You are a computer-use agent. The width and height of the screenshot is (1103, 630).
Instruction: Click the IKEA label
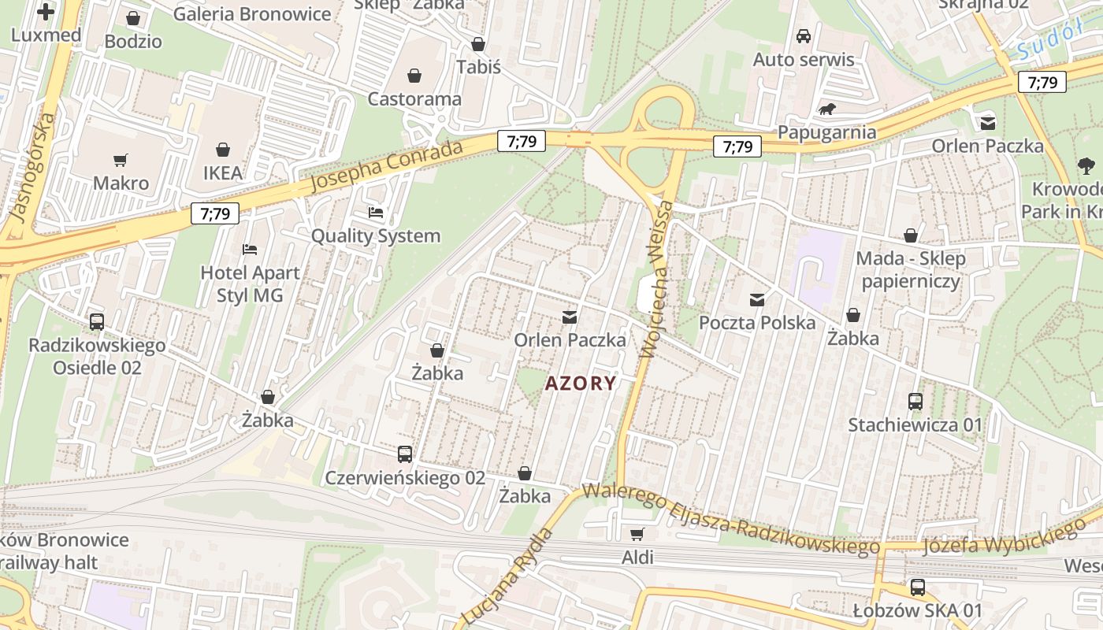click(x=223, y=172)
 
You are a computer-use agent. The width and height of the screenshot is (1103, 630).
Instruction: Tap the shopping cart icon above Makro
click(x=121, y=161)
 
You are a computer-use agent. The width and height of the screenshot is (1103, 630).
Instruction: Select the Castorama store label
click(x=414, y=99)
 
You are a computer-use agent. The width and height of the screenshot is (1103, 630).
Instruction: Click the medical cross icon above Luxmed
click(x=46, y=12)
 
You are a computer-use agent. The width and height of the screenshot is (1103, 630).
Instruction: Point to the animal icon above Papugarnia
click(x=826, y=109)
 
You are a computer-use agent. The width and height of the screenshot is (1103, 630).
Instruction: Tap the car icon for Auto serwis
click(x=804, y=36)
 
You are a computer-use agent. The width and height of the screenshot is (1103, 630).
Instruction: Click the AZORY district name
click(x=581, y=384)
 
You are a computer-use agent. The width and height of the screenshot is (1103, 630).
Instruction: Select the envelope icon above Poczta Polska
click(x=757, y=299)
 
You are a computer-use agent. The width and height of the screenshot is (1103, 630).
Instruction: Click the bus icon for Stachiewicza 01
click(x=915, y=402)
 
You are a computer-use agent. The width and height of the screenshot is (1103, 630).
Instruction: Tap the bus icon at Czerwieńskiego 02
click(x=405, y=454)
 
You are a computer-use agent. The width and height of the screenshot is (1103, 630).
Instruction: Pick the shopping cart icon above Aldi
click(x=637, y=534)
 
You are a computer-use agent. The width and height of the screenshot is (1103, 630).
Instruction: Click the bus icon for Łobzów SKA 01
click(x=918, y=587)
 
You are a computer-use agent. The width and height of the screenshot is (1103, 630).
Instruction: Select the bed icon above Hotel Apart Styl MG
click(x=250, y=250)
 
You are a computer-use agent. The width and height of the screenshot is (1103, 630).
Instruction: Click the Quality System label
click(x=376, y=235)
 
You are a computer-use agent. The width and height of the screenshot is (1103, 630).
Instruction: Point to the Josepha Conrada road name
click(x=385, y=166)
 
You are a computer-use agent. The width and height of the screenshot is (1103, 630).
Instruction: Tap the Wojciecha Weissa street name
click(x=658, y=280)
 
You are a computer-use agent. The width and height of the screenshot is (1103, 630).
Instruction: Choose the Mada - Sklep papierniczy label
click(x=910, y=269)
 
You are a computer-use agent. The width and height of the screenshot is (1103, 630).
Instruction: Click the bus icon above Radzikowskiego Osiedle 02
click(x=97, y=322)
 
